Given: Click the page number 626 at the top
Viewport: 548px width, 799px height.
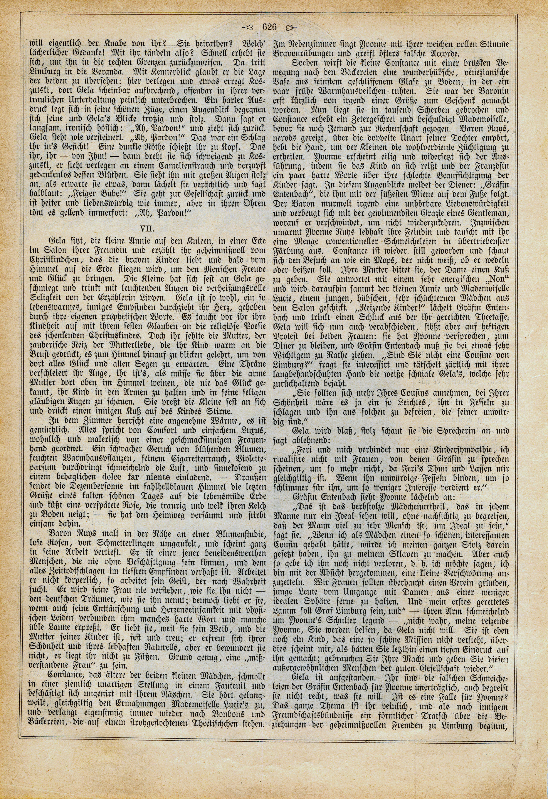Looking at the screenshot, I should click(x=269, y=27).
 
